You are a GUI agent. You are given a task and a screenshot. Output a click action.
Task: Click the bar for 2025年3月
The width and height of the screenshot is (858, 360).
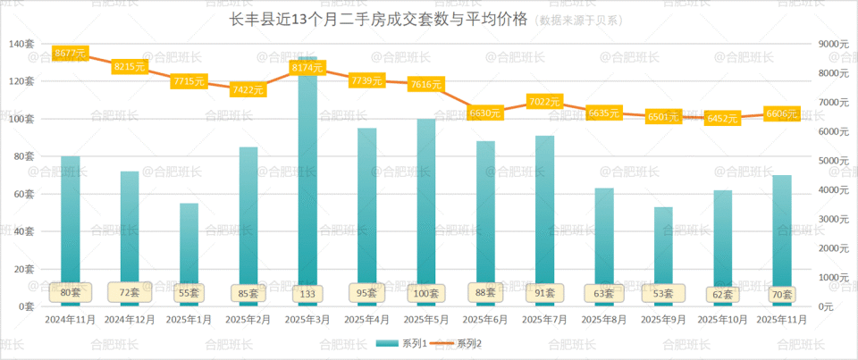(x=307, y=179)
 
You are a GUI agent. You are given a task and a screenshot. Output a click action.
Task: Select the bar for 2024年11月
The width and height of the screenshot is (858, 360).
(x=71, y=223)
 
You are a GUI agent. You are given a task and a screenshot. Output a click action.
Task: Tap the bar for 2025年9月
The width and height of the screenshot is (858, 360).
(x=663, y=250)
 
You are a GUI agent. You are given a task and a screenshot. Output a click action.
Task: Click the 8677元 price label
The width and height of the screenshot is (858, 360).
(x=71, y=54)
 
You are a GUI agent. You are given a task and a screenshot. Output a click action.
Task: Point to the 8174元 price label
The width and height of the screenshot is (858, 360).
(x=307, y=67)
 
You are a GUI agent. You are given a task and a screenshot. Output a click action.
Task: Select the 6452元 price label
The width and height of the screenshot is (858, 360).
(x=722, y=118)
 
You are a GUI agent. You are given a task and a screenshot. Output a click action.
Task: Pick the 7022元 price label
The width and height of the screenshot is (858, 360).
(x=544, y=102)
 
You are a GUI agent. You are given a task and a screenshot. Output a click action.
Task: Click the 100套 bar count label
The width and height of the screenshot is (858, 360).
(x=425, y=292)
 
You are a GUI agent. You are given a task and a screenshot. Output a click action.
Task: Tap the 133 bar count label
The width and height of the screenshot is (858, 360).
(x=307, y=292)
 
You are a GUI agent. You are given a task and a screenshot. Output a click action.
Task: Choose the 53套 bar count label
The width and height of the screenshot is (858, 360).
(x=663, y=292)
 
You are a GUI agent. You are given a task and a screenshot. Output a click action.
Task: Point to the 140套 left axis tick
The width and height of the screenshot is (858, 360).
(x=21, y=44)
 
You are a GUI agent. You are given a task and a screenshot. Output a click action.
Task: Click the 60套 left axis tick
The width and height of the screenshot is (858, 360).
(x=23, y=193)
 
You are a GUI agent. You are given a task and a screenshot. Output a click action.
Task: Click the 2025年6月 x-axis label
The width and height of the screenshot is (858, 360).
(x=485, y=319)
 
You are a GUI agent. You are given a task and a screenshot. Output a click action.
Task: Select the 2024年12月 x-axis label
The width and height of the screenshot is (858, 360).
(x=130, y=319)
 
